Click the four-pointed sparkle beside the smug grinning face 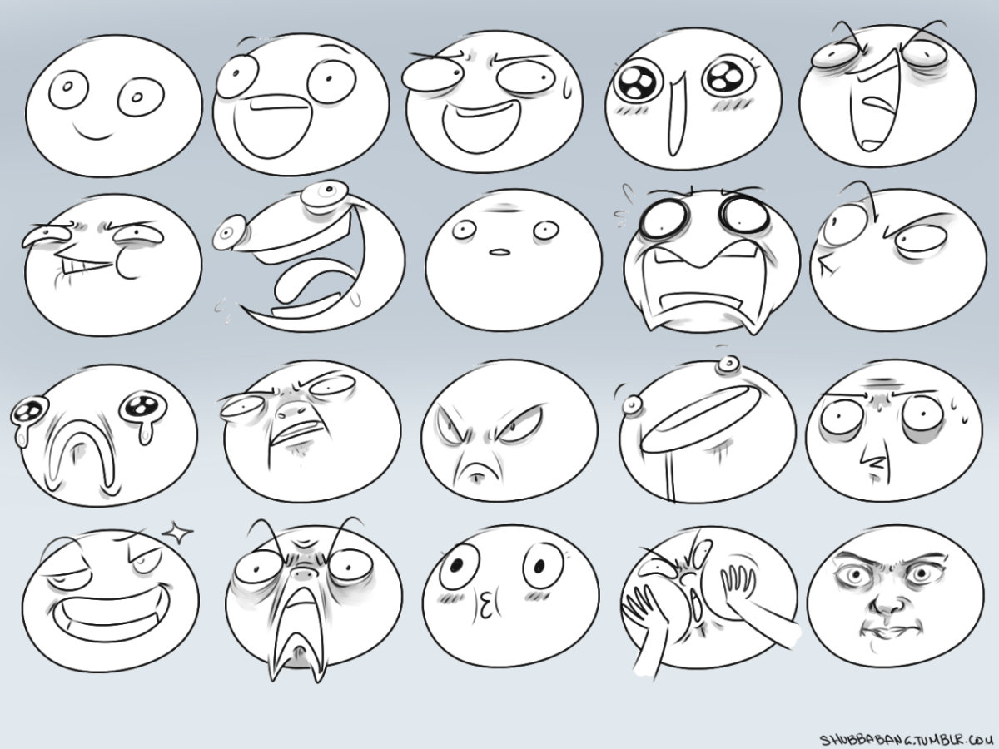pyautogui.click(x=177, y=532)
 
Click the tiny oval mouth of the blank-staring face pyautogui.click(x=499, y=251)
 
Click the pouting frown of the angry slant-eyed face pyautogui.click(x=477, y=471)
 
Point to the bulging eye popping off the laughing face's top pyautogui.click(x=326, y=193)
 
